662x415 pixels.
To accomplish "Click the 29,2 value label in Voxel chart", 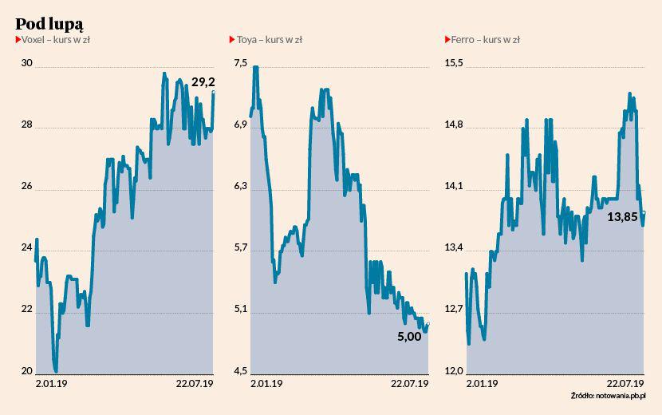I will pyautogui.click(x=203, y=82).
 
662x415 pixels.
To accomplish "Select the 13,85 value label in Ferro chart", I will pyautogui.click(x=623, y=216).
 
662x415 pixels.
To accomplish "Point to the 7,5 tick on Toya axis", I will pyautogui.click(x=241, y=63).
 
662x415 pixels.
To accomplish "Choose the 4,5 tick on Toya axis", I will pyautogui.click(x=241, y=371).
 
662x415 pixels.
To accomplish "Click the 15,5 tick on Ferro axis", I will pyautogui.click(x=453, y=63).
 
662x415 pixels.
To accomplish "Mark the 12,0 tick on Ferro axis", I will pyautogui.click(x=453, y=371).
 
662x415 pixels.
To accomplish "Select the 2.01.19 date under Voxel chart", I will pyautogui.click(x=53, y=384).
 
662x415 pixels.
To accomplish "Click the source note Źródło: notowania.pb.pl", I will pyautogui.click(x=607, y=397).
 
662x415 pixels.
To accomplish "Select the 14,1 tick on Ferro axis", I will pyautogui.click(x=453, y=187).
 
